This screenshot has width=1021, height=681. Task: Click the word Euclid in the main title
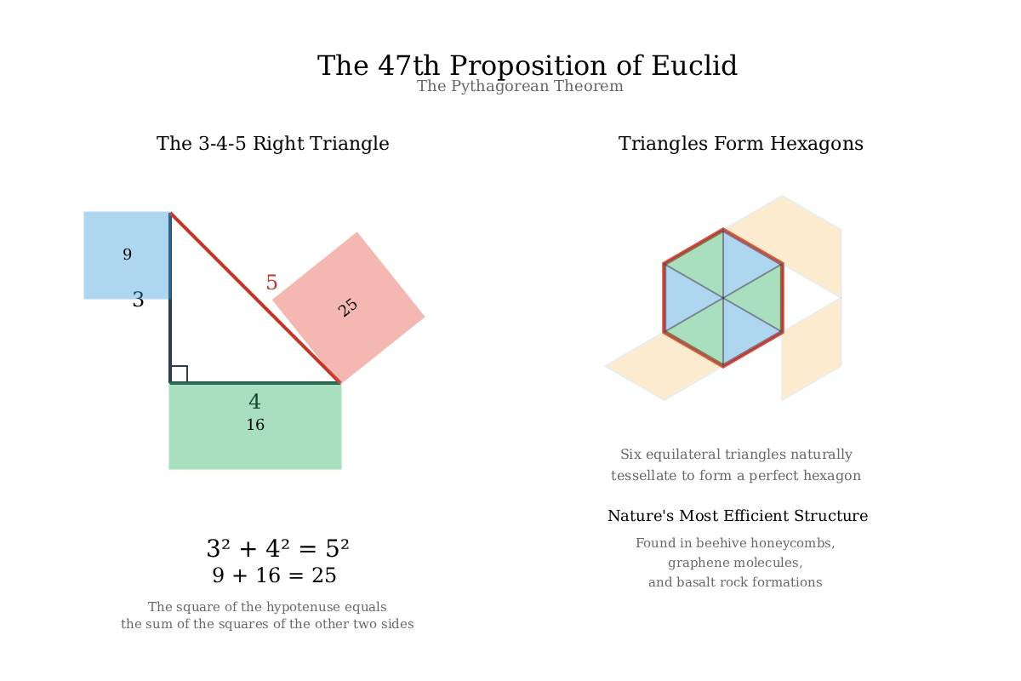click(693, 66)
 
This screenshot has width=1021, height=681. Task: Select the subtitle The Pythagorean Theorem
click(520, 86)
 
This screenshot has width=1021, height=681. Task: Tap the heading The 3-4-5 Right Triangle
click(272, 143)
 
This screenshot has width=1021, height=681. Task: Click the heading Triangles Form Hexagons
click(741, 143)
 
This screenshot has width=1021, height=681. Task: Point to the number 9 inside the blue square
click(127, 254)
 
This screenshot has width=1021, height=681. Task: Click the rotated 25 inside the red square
click(348, 307)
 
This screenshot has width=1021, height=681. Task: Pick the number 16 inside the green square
click(255, 425)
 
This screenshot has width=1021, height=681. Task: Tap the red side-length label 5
click(271, 283)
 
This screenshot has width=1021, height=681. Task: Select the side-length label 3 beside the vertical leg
click(138, 300)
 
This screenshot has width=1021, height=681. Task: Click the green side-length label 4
click(254, 402)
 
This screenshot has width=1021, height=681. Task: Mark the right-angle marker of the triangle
click(179, 374)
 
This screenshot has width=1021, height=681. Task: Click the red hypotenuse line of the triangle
click(255, 298)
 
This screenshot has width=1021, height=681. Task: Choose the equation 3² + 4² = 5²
click(277, 548)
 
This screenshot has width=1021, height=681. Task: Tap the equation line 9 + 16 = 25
click(274, 575)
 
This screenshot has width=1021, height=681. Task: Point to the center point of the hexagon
click(723, 298)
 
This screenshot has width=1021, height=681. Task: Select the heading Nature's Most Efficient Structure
click(738, 515)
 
